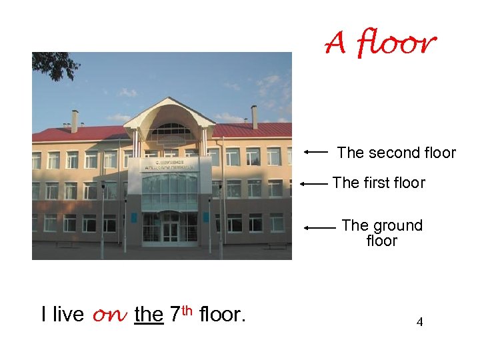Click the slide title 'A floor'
click(x=381, y=44)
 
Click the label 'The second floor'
click(x=396, y=153)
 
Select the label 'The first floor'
click(x=379, y=183)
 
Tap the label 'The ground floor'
click(x=382, y=233)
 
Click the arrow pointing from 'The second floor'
click(x=316, y=152)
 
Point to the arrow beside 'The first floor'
click(x=313, y=183)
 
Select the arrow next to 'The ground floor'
click(x=319, y=227)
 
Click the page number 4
click(x=419, y=323)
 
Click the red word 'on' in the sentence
click(x=109, y=315)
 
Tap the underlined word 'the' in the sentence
click(x=149, y=314)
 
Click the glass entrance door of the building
click(x=170, y=231)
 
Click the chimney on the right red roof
click(x=254, y=117)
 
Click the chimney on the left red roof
click(x=75, y=121)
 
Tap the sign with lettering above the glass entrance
click(x=169, y=165)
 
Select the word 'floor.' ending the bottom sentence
click(x=223, y=314)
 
